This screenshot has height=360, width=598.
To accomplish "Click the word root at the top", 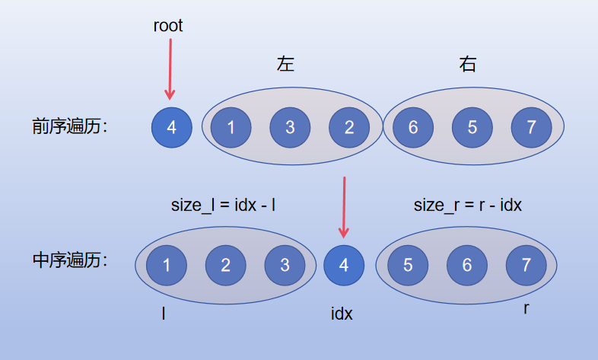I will (x=168, y=26).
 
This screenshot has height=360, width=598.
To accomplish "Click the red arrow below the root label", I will (x=170, y=68).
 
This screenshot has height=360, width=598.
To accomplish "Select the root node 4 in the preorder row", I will (x=171, y=128).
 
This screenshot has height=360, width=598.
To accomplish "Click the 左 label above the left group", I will (x=285, y=65).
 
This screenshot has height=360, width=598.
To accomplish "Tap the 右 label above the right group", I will (x=468, y=65).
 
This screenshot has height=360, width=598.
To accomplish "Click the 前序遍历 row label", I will (x=69, y=126).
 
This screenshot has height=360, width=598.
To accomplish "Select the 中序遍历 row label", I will (x=69, y=260).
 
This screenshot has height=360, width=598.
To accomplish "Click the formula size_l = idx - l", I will (x=224, y=205).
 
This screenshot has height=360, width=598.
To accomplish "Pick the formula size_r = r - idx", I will (x=467, y=205).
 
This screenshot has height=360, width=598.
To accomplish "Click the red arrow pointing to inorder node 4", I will (x=344, y=207).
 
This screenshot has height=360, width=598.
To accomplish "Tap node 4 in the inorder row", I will (x=344, y=265).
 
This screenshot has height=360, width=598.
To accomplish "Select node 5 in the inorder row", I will (x=408, y=265).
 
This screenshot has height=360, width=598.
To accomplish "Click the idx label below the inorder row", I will (x=342, y=313).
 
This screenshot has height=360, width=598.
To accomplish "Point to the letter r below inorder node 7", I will (x=526, y=308).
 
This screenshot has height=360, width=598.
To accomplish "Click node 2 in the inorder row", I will (x=225, y=265).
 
